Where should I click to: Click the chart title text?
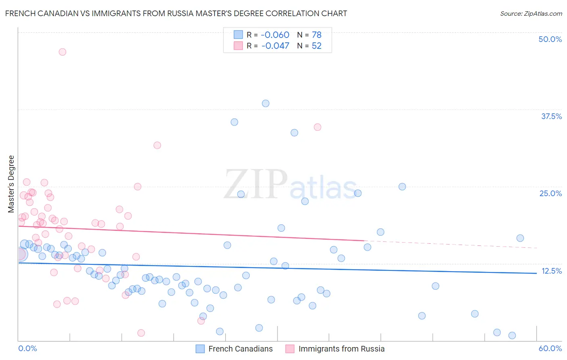(x=176, y=14)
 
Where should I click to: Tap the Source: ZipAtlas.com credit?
(x=531, y=14)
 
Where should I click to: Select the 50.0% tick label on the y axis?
(x=550, y=39)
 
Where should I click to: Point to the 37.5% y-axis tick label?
(x=551, y=116)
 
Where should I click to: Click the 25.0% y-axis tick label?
(x=550, y=193)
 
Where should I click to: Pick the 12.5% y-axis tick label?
(x=551, y=271)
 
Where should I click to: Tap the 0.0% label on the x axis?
(x=27, y=348)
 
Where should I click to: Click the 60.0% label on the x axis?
(x=550, y=348)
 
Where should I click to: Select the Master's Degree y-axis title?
(x=11, y=184)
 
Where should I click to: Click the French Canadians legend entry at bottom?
(x=234, y=349)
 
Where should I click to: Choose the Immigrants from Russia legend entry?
(x=335, y=349)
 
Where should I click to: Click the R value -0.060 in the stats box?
(x=275, y=35)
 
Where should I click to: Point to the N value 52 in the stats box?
(x=317, y=46)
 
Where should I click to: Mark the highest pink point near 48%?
(x=62, y=52)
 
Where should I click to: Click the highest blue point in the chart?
(x=265, y=103)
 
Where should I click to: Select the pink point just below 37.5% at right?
(x=317, y=127)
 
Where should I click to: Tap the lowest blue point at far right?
(x=512, y=335)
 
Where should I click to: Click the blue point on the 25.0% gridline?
(x=402, y=186)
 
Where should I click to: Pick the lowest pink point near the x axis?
(x=141, y=333)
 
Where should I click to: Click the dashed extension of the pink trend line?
(x=452, y=244)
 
